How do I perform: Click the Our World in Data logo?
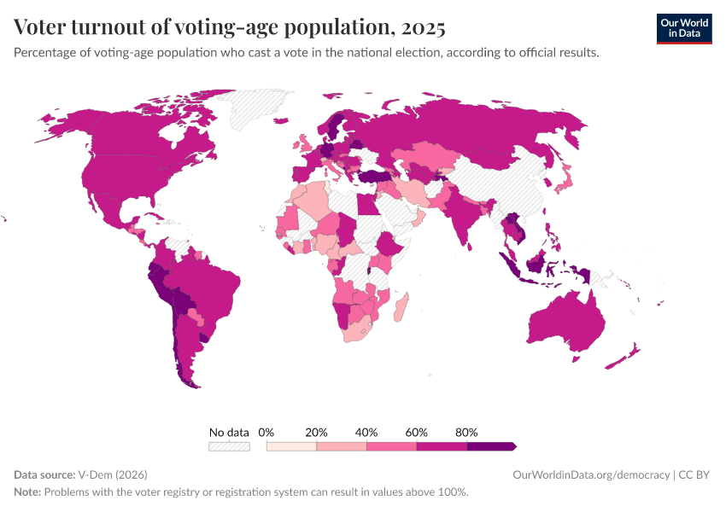click(x=683, y=27)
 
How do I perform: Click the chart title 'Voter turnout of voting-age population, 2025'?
click(x=230, y=27)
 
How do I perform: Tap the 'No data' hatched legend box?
click(x=229, y=446)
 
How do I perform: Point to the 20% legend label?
click(x=316, y=433)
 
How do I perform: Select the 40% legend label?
click(x=366, y=433)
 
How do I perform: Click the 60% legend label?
click(x=417, y=433)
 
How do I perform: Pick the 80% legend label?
click(x=466, y=433)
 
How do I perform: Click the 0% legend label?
click(x=266, y=433)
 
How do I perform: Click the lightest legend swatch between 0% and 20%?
click(x=291, y=446)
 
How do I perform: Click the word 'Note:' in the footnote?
click(x=27, y=492)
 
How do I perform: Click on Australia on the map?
click(x=565, y=324)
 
